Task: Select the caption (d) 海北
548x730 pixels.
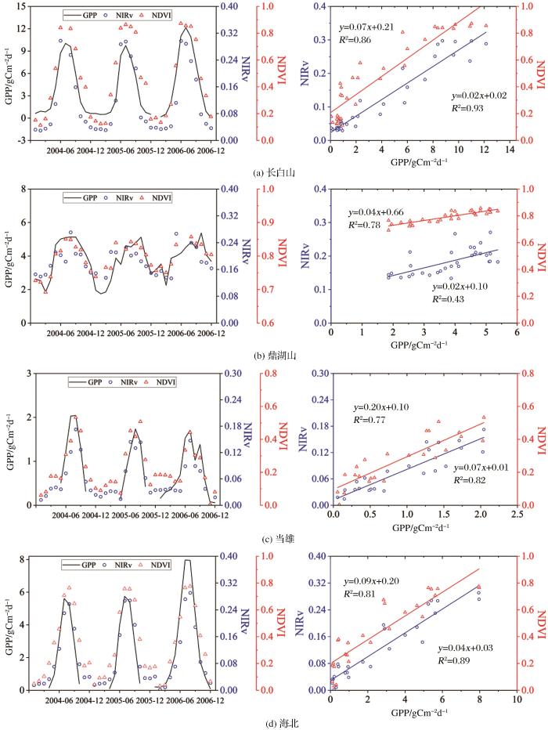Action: (275, 721)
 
